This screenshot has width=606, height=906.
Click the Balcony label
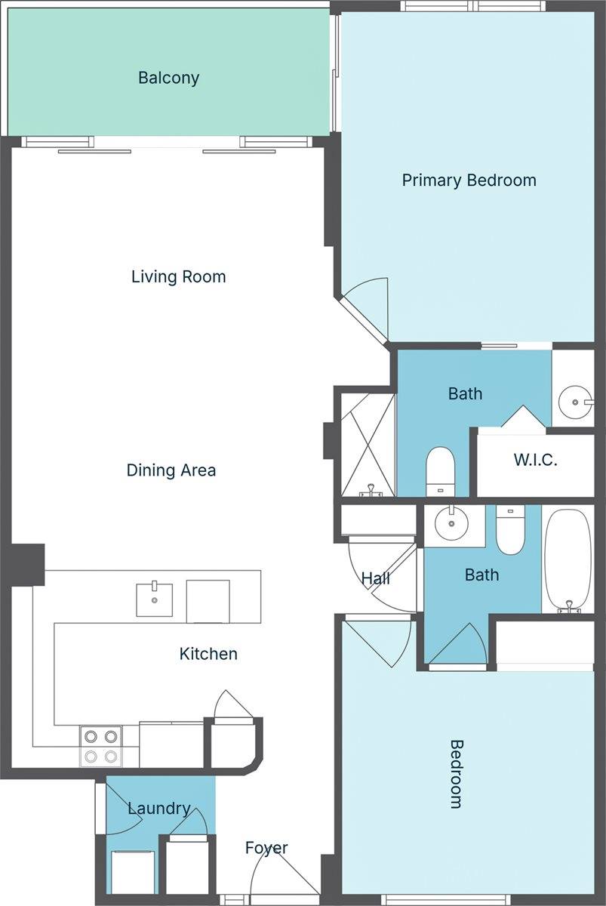click(x=168, y=78)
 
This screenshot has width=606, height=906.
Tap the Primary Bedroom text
click(x=469, y=180)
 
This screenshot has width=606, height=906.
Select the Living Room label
click(x=178, y=277)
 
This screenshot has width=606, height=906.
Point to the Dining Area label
click(x=171, y=470)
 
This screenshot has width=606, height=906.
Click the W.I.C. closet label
click(x=535, y=460)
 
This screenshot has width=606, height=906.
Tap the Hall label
click(x=375, y=579)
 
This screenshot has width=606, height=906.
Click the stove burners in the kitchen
click(x=101, y=745)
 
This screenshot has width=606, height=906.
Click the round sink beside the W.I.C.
click(x=577, y=401)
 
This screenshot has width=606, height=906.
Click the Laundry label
click(x=158, y=809)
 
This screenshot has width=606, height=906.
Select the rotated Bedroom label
click(x=456, y=774)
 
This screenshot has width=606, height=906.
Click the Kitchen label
click(x=208, y=654)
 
